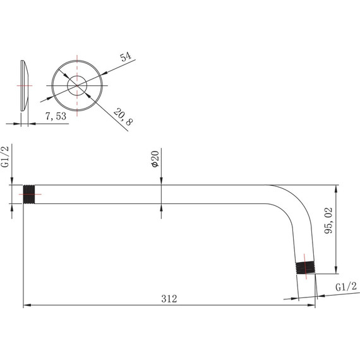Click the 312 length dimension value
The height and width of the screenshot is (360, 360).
[x=169, y=299]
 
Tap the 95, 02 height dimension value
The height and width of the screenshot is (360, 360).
[x=328, y=220]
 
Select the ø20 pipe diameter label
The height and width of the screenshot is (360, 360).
[x=155, y=159]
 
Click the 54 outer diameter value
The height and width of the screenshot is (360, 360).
[x=126, y=56]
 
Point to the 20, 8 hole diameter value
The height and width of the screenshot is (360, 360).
[x=123, y=117]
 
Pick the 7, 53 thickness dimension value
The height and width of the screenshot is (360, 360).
[x=56, y=116]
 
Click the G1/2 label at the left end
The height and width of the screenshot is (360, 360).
[x=5, y=157]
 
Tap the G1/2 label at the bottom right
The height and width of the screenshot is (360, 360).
[x=346, y=287]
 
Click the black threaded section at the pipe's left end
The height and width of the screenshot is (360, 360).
[x=29, y=195]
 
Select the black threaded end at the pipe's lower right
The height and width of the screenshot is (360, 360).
[x=305, y=268]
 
